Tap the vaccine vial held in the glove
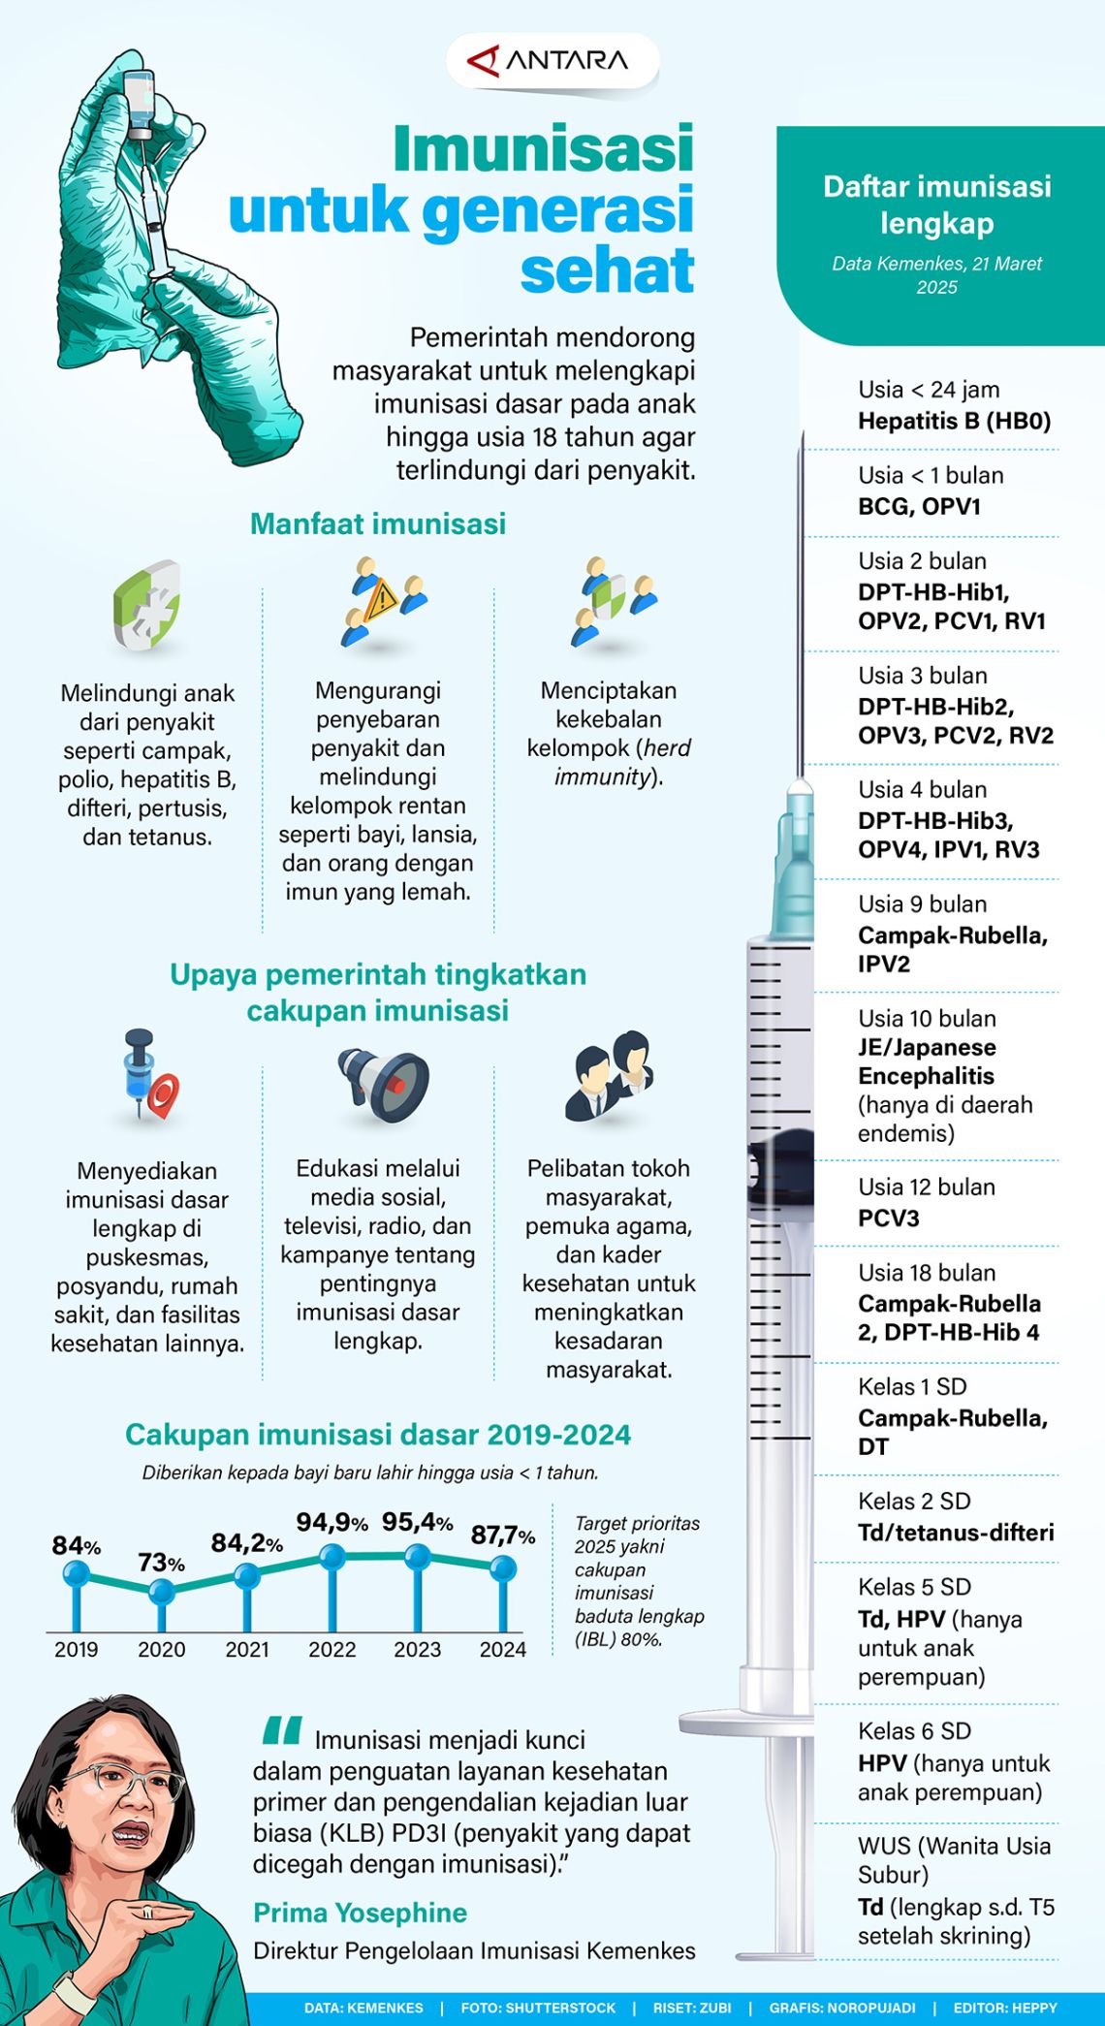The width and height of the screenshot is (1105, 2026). coord(141,103)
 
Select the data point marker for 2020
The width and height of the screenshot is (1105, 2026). coord(162,1591)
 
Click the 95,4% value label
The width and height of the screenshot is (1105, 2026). coord(417,1522)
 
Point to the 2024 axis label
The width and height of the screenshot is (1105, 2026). coord(502,1650)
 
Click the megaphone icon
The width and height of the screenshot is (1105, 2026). coord(384,1084)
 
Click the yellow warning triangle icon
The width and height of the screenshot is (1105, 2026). coord(381,598)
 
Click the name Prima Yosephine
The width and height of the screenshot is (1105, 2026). coord(360,1913)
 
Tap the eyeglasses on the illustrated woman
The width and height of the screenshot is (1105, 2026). coord(126,1782)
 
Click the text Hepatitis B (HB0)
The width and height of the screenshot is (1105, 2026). coord(954,421)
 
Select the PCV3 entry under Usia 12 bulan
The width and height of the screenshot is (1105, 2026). coord(888,1218)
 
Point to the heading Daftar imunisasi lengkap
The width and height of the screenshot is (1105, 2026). coord(936,205)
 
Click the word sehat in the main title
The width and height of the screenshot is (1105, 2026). coord(608,270)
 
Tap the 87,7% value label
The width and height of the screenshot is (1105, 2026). coord(502,1535)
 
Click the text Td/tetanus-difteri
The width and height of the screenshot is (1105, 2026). coord(955,1533)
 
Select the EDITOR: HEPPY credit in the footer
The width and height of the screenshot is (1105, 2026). coord(1004,2008)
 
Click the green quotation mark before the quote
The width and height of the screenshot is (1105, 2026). coord(282,1730)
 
